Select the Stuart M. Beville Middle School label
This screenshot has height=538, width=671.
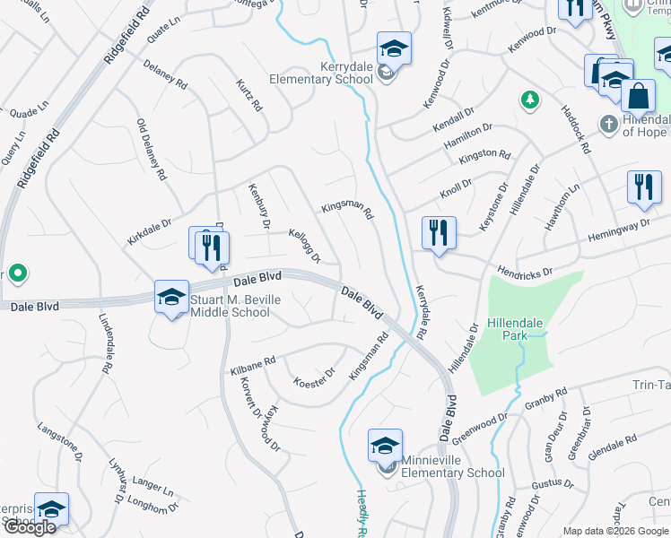(229, 306)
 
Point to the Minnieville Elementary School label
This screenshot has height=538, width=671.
(453, 473)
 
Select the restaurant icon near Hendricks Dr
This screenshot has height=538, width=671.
(439, 232)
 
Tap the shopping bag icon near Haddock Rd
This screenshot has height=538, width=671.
(637, 96)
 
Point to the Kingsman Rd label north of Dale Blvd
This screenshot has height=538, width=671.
(346, 210)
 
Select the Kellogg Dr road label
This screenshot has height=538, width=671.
(304, 246)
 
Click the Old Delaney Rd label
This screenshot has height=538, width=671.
(151, 150)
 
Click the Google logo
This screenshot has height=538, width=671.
(30, 528)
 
